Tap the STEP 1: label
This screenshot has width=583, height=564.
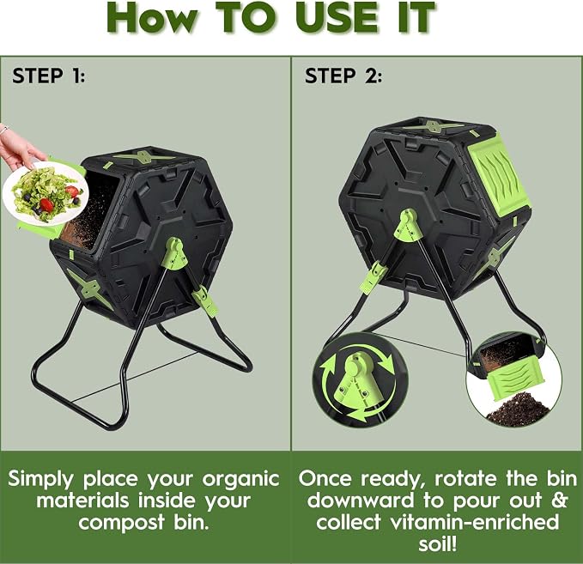click(49, 76)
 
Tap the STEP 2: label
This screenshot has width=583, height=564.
click(343, 76)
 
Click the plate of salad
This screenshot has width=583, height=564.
click(46, 193)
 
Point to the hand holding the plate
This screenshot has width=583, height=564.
click(20, 146)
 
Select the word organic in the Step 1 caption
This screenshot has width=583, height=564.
click(241, 479)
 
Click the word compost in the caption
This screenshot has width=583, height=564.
click(121, 522)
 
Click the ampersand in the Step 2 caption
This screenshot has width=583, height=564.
click(559, 500)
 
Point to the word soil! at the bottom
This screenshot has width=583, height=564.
click(437, 544)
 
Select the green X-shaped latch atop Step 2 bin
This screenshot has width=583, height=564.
click(433, 127)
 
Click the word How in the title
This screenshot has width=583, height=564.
click(154, 17)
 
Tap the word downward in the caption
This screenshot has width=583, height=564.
click(360, 500)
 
